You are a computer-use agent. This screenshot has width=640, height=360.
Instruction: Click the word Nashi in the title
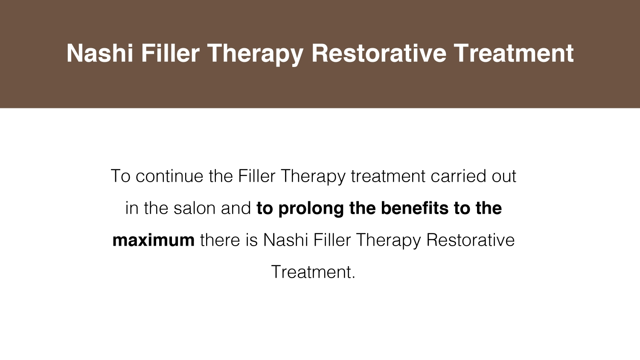coord(100,53)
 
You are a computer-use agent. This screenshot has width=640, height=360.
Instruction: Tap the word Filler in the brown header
coord(170,53)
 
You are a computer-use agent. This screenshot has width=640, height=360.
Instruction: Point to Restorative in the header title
coord(378,53)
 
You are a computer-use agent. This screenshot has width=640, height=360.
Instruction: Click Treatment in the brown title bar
coord(514,53)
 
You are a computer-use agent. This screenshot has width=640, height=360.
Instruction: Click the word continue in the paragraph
coord(170,176)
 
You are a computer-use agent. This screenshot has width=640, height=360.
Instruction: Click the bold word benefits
coord(415,208)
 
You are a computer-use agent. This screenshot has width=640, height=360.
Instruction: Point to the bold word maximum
coord(154,240)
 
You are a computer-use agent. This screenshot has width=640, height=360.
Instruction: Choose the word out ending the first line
coord(504,177)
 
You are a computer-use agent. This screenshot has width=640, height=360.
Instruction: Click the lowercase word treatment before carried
coord(388,177)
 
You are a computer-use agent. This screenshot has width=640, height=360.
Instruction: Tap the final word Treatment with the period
coord(313,272)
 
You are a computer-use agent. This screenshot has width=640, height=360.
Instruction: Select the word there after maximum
coord(220,240)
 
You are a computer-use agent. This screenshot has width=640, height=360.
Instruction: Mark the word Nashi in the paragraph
coord(285,240)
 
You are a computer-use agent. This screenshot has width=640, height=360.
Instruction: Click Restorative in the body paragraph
coord(470,240)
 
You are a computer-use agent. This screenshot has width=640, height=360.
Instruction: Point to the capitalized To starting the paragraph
coord(121,176)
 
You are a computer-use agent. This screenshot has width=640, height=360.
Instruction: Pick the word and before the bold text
coord(236,208)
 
